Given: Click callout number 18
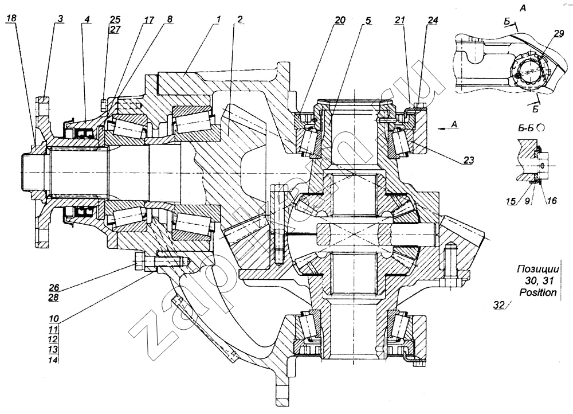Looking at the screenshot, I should tap(11, 19).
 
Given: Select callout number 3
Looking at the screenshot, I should tap(60, 19).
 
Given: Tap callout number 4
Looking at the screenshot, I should tap(87, 19).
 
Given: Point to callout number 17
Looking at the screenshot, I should tap(148, 19).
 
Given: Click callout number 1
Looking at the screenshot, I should tap(218, 19).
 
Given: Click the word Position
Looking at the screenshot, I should tap(537, 292).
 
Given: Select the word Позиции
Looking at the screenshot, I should tap(536, 270).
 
